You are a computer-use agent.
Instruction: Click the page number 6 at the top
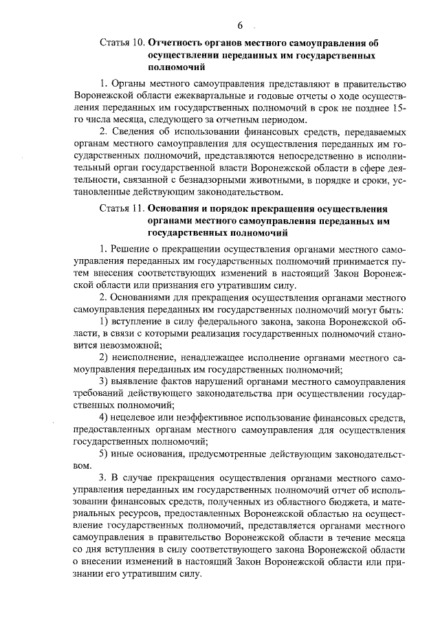(241, 25)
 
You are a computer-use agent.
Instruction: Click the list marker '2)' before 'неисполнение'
(104, 358)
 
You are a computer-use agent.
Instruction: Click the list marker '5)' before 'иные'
(104, 454)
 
